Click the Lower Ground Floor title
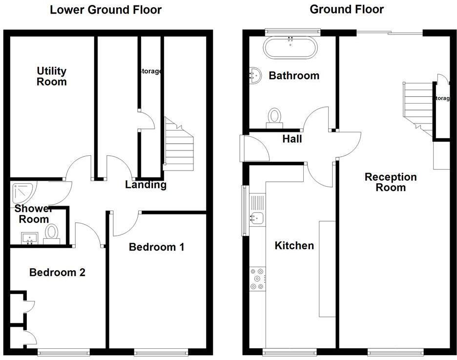105,10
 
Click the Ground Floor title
347,9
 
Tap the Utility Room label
52,76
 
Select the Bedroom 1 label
156,247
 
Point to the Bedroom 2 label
57,273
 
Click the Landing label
145,185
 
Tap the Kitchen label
294,245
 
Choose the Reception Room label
391,182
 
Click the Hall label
292,139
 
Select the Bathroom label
294,76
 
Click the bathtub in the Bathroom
291,48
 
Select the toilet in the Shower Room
51,233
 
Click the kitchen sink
257,217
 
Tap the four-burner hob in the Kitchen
257,278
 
